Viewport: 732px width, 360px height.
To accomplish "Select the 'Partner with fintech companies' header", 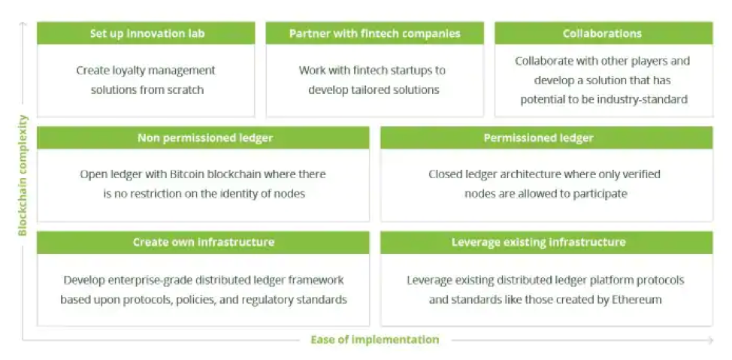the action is click(x=375, y=33).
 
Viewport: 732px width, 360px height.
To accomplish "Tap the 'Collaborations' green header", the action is click(x=603, y=33).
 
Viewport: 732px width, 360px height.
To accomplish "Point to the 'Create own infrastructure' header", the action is click(x=203, y=242).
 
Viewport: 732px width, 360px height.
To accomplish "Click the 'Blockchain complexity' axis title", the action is click(x=23, y=175).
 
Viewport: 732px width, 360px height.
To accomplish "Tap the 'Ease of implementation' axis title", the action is click(x=375, y=340).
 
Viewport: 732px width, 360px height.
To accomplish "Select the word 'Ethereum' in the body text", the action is click(x=637, y=299).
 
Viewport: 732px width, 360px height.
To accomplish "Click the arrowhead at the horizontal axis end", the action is click(x=710, y=340).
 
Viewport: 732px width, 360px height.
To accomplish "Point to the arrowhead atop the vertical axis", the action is click(x=23, y=24).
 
